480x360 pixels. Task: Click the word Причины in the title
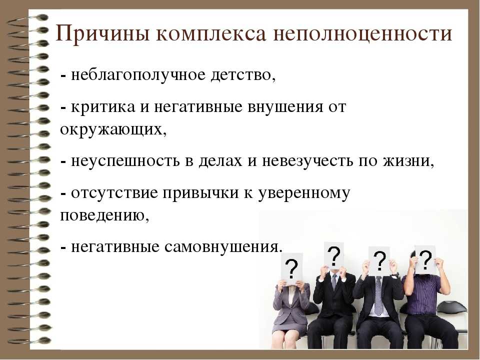tap(102, 33)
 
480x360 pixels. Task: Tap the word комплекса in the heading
tap(211, 34)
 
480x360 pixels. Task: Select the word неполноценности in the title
tap(362, 33)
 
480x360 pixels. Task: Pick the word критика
tap(103, 107)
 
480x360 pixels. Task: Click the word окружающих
tap(113, 130)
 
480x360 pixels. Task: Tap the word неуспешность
tap(125, 161)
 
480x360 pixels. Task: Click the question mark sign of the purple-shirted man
tap(425, 259)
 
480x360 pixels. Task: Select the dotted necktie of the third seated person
tap(378, 295)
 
